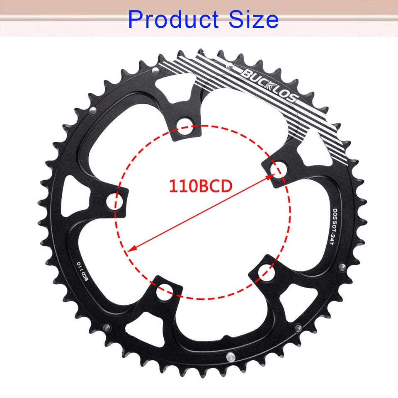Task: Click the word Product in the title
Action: [173, 19]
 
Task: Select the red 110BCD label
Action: [200, 186]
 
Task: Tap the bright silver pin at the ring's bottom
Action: [229, 356]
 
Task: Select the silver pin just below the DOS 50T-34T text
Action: [341, 267]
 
